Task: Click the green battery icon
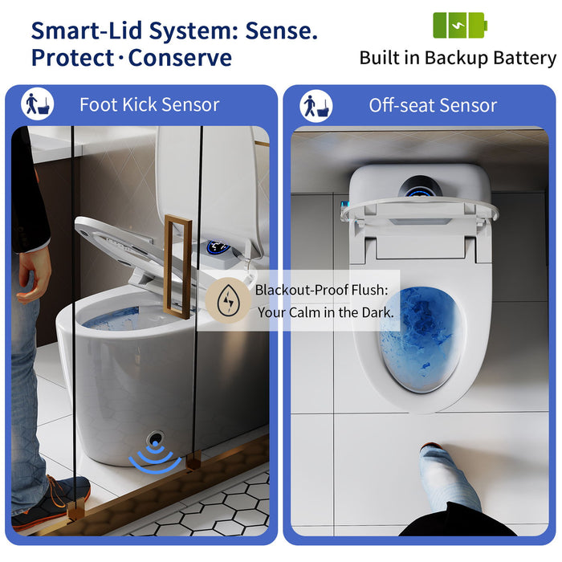tap(460, 25)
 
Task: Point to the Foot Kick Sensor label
tap(149, 104)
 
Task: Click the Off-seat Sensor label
tap(433, 105)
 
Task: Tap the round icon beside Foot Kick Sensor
tap(38, 104)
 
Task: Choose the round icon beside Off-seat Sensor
tap(316, 105)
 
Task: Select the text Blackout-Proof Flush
tap(320, 290)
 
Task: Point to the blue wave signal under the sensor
tap(156, 460)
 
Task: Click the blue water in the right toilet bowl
tap(421, 337)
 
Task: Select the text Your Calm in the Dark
tap(326, 312)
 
